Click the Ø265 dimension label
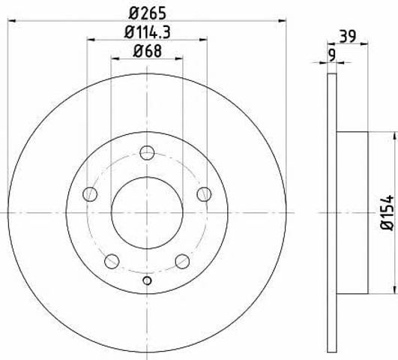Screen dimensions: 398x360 click(x=147, y=13)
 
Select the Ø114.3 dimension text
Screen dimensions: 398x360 click(x=147, y=32)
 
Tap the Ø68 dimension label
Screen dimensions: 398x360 click(x=147, y=51)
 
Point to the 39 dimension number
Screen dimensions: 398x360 click(x=348, y=36)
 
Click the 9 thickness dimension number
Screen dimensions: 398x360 click(x=332, y=55)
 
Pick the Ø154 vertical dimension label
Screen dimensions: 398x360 click(x=388, y=213)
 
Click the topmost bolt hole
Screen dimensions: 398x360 click(x=147, y=153)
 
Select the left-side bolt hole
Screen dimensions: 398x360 click(x=90, y=194)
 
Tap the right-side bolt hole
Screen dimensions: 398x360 click(x=204, y=194)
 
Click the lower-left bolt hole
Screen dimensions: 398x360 click(x=112, y=261)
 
